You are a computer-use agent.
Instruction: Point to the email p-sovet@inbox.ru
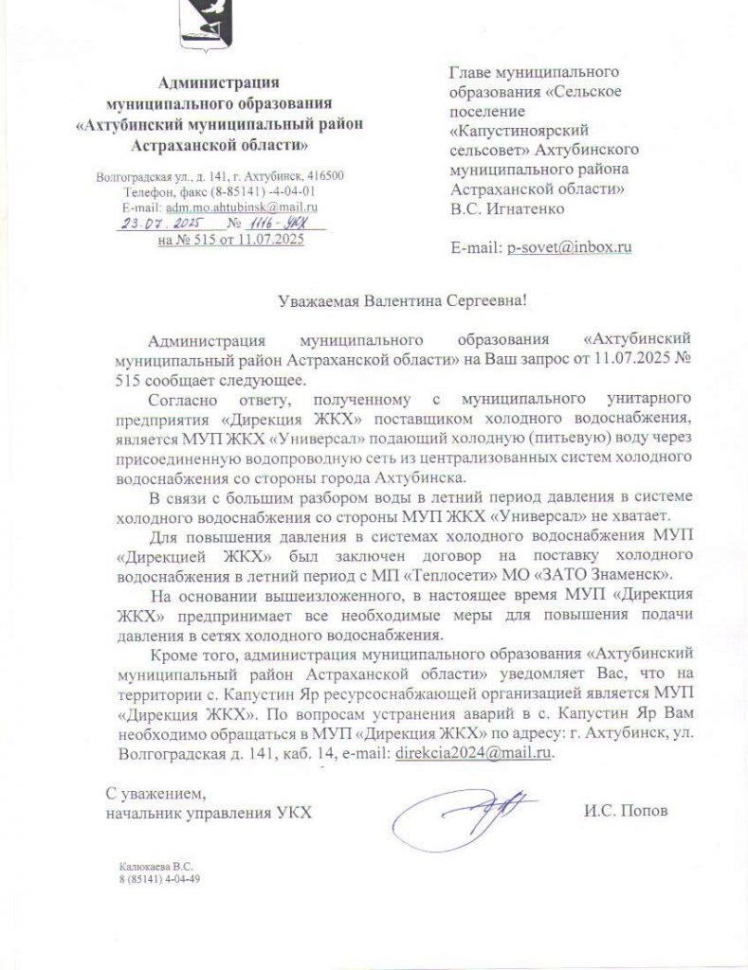(x=570, y=247)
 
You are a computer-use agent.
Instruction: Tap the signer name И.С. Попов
(x=627, y=812)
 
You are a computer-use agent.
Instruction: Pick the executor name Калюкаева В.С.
(x=155, y=865)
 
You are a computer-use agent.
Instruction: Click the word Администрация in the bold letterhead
(x=219, y=81)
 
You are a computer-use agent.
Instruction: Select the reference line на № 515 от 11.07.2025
(x=230, y=240)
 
